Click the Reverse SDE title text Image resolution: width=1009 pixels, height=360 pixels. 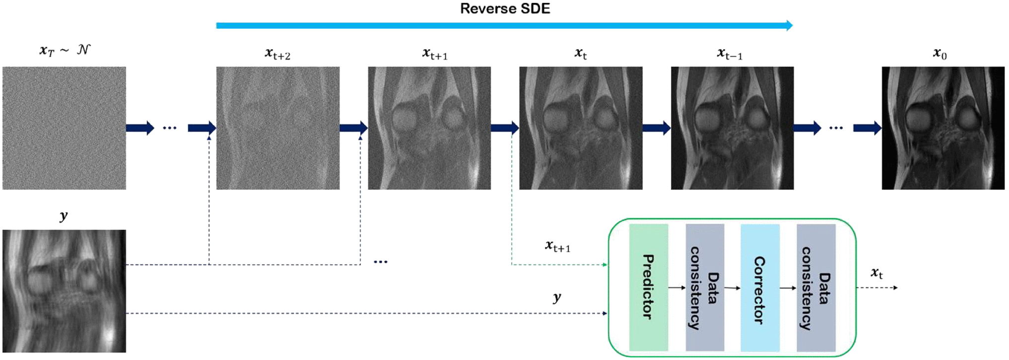coord(505,9)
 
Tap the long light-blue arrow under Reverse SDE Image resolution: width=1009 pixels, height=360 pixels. coord(504,25)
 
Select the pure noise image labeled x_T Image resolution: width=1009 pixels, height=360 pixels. coord(64,128)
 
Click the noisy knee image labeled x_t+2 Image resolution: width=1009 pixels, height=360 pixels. coord(278,128)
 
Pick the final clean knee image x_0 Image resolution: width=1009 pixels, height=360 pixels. coord(943,128)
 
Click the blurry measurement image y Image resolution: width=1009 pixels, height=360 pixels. coord(64,291)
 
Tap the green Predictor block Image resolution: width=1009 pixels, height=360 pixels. coord(648,288)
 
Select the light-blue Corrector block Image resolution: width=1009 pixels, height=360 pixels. coord(760,288)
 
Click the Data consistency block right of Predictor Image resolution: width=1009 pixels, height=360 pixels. coord(705,288)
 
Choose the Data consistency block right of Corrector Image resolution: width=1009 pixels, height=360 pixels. coord(816,288)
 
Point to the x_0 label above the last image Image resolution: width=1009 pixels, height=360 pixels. coord(940,54)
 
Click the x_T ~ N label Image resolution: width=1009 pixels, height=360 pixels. coord(65,50)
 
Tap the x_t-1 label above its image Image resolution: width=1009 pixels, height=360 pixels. coord(730,54)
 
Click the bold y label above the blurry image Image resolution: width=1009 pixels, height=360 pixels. coord(64,216)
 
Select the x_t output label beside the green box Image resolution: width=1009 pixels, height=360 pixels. coord(877,273)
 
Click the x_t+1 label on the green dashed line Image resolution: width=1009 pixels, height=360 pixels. coord(558,246)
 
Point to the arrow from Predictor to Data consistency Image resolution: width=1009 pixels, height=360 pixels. coord(677,288)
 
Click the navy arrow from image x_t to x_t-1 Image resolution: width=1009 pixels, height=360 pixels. coord(656,128)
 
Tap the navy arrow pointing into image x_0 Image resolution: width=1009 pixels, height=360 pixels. coord(867,128)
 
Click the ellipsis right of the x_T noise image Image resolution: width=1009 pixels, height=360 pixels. coord(170,128)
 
